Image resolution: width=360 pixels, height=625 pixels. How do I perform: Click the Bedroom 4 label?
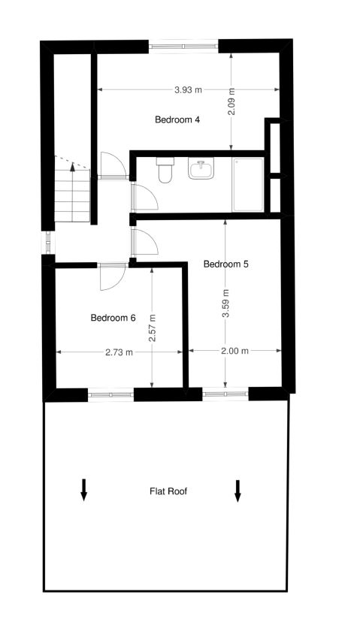(177, 119)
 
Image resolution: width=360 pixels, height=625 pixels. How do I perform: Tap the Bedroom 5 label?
(225, 264)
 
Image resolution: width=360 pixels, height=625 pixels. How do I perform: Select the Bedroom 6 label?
(113, 318)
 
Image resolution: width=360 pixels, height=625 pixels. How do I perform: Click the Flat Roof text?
(168, 491)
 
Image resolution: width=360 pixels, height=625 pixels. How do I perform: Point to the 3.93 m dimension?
(188, 90)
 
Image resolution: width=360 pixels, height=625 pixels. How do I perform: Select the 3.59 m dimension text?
(225, 304)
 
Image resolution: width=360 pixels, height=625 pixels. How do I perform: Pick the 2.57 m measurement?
(152, 328)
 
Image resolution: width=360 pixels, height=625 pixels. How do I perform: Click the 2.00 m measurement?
(234, 351)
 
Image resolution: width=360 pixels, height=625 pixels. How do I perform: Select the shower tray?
(248, 184)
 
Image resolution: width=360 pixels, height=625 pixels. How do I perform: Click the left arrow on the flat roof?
(84, 489)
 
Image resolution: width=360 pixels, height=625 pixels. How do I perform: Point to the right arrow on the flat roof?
(237, 491)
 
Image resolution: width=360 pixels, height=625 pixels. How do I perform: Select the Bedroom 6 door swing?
(110, 277)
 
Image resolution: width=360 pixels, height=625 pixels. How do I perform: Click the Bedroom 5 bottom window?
(225, 391)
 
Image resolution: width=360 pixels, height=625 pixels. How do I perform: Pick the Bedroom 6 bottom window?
(111, 391)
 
